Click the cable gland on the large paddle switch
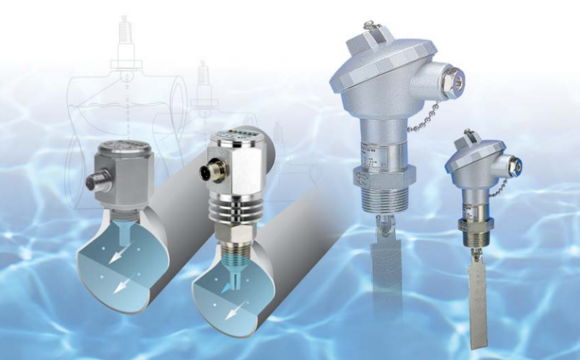click(450, 82)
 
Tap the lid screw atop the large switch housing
click(370, 28)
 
